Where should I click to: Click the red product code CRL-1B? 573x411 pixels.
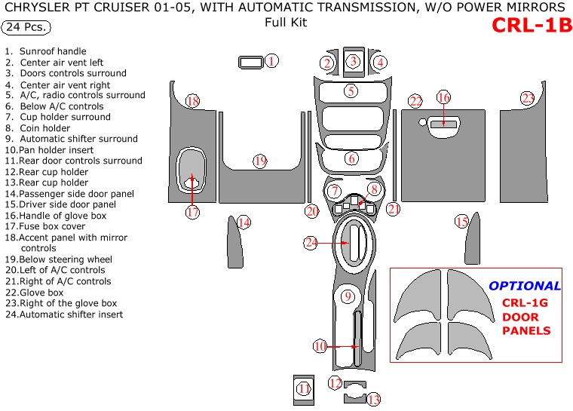[532, 26]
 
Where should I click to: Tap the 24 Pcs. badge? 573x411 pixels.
[26, 28]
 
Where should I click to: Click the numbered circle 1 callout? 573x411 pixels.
[272, 61]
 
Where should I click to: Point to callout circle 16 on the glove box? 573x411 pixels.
[443, 97]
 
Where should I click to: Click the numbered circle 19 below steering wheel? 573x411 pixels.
[260, 161]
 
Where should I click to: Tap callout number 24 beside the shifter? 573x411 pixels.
[311, 243]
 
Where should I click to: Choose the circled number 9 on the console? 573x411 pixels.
[347, 296]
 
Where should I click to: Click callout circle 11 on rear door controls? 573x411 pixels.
[304, 389]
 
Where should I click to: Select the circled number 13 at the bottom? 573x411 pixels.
[373, 400]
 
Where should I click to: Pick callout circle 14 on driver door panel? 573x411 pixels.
[244, 222]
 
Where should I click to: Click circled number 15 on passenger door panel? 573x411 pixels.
[461, 221]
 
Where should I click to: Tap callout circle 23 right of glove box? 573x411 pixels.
[528, 98]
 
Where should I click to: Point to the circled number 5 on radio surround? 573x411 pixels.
[351, 91]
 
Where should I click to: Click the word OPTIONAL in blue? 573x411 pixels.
[525, 286]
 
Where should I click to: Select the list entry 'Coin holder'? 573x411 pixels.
[45, 128]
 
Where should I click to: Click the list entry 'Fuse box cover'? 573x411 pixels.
[52, 226]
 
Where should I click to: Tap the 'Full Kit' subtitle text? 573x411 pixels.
[286, 22]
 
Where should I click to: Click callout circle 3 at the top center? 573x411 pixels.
[353, 61]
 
